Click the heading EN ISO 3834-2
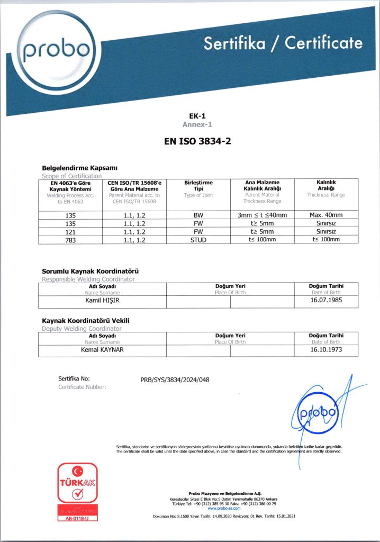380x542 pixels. (190, 141)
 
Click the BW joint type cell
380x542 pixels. (198, 215)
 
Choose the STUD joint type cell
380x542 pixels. (198, 239)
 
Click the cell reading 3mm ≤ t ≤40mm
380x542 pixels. (262, 215)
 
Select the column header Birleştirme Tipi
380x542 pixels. (198, 185)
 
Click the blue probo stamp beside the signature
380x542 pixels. (316, 413)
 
